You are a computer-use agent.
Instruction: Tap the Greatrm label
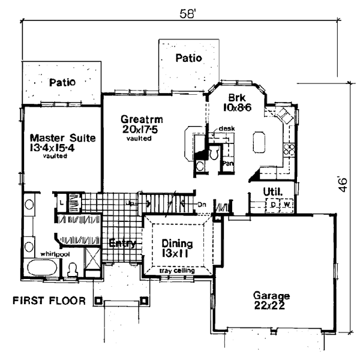coord(142,123)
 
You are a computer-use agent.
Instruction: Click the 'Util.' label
coord(273,192)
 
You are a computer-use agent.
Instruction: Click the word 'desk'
coord(226,128)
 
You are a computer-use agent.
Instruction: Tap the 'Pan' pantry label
coord(227,163)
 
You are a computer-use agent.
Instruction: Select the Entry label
coord(122,244)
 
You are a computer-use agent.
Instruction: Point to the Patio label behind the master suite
coord(62,81)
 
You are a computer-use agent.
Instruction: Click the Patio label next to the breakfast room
coord(188,58)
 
